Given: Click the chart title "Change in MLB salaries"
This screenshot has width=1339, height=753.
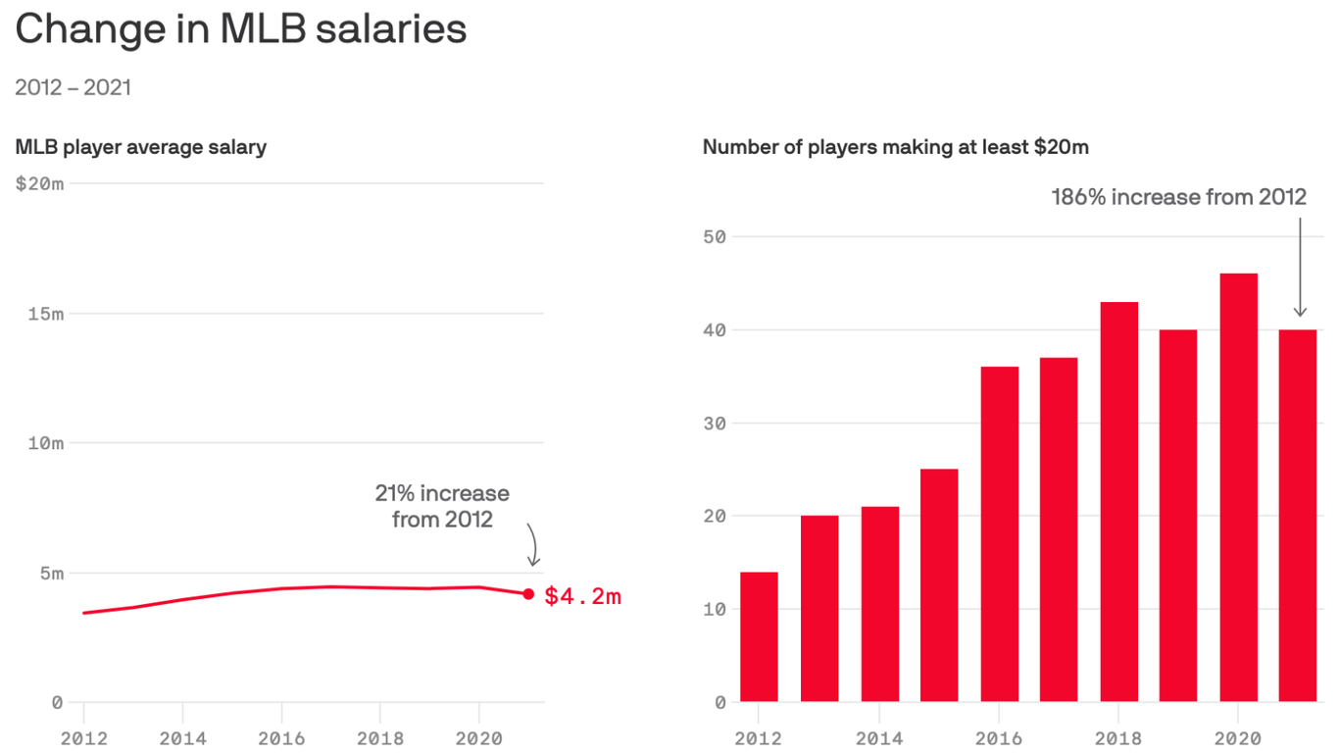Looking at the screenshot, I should click(241, 29).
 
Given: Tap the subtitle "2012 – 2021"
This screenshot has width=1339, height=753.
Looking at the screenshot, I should click(74, 87).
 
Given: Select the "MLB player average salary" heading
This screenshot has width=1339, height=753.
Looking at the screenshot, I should click(141, 148).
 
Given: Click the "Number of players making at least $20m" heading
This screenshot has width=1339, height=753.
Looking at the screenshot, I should click(896, 148).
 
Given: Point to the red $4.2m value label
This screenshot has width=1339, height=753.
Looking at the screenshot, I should click(582, 596).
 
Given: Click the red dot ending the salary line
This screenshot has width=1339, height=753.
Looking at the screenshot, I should click(529, 594).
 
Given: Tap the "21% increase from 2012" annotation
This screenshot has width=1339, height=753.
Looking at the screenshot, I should click(442, 506).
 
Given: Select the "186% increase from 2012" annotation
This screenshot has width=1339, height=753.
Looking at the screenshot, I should click(1178, 197).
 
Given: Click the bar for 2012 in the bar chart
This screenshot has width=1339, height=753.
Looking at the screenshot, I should click(759, 637).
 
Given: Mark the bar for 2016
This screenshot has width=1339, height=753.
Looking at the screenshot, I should click(999, 534).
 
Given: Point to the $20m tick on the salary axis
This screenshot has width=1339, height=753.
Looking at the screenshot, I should click(40, 183).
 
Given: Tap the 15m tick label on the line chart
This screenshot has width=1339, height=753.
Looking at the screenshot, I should click(44, 314).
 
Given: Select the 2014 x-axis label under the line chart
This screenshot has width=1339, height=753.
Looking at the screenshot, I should click(182, 738).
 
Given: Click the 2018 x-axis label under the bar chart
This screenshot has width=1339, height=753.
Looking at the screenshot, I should click(1118, 738).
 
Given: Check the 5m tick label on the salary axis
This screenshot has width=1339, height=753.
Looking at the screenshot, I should click(51, 574).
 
